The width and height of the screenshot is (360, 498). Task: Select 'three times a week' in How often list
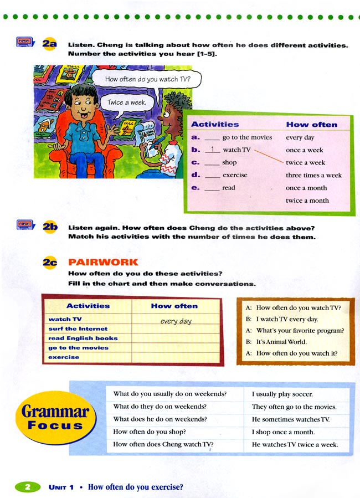tap(313, 176)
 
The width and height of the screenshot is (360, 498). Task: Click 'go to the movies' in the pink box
tap(247, 137)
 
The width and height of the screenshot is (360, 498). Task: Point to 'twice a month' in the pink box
tap(307, 201)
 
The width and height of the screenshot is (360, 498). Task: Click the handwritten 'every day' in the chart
tap(176, 321)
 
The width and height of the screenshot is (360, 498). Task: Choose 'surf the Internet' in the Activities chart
tap(78, 329)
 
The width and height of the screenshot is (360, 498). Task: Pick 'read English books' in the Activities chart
tap(83, 338)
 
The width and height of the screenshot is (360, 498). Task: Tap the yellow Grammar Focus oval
tap(55, 417)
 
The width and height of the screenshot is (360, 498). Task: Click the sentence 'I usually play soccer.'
tap(282, 394)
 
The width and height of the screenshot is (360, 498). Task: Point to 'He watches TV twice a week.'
tap(295, 444)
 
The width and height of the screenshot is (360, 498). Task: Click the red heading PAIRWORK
tap(103, 262)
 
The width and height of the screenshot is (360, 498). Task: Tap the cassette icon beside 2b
tap(25, 225)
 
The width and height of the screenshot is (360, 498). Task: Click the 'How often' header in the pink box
tap(311, 125)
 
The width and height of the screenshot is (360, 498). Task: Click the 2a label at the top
tap(50, 44)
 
